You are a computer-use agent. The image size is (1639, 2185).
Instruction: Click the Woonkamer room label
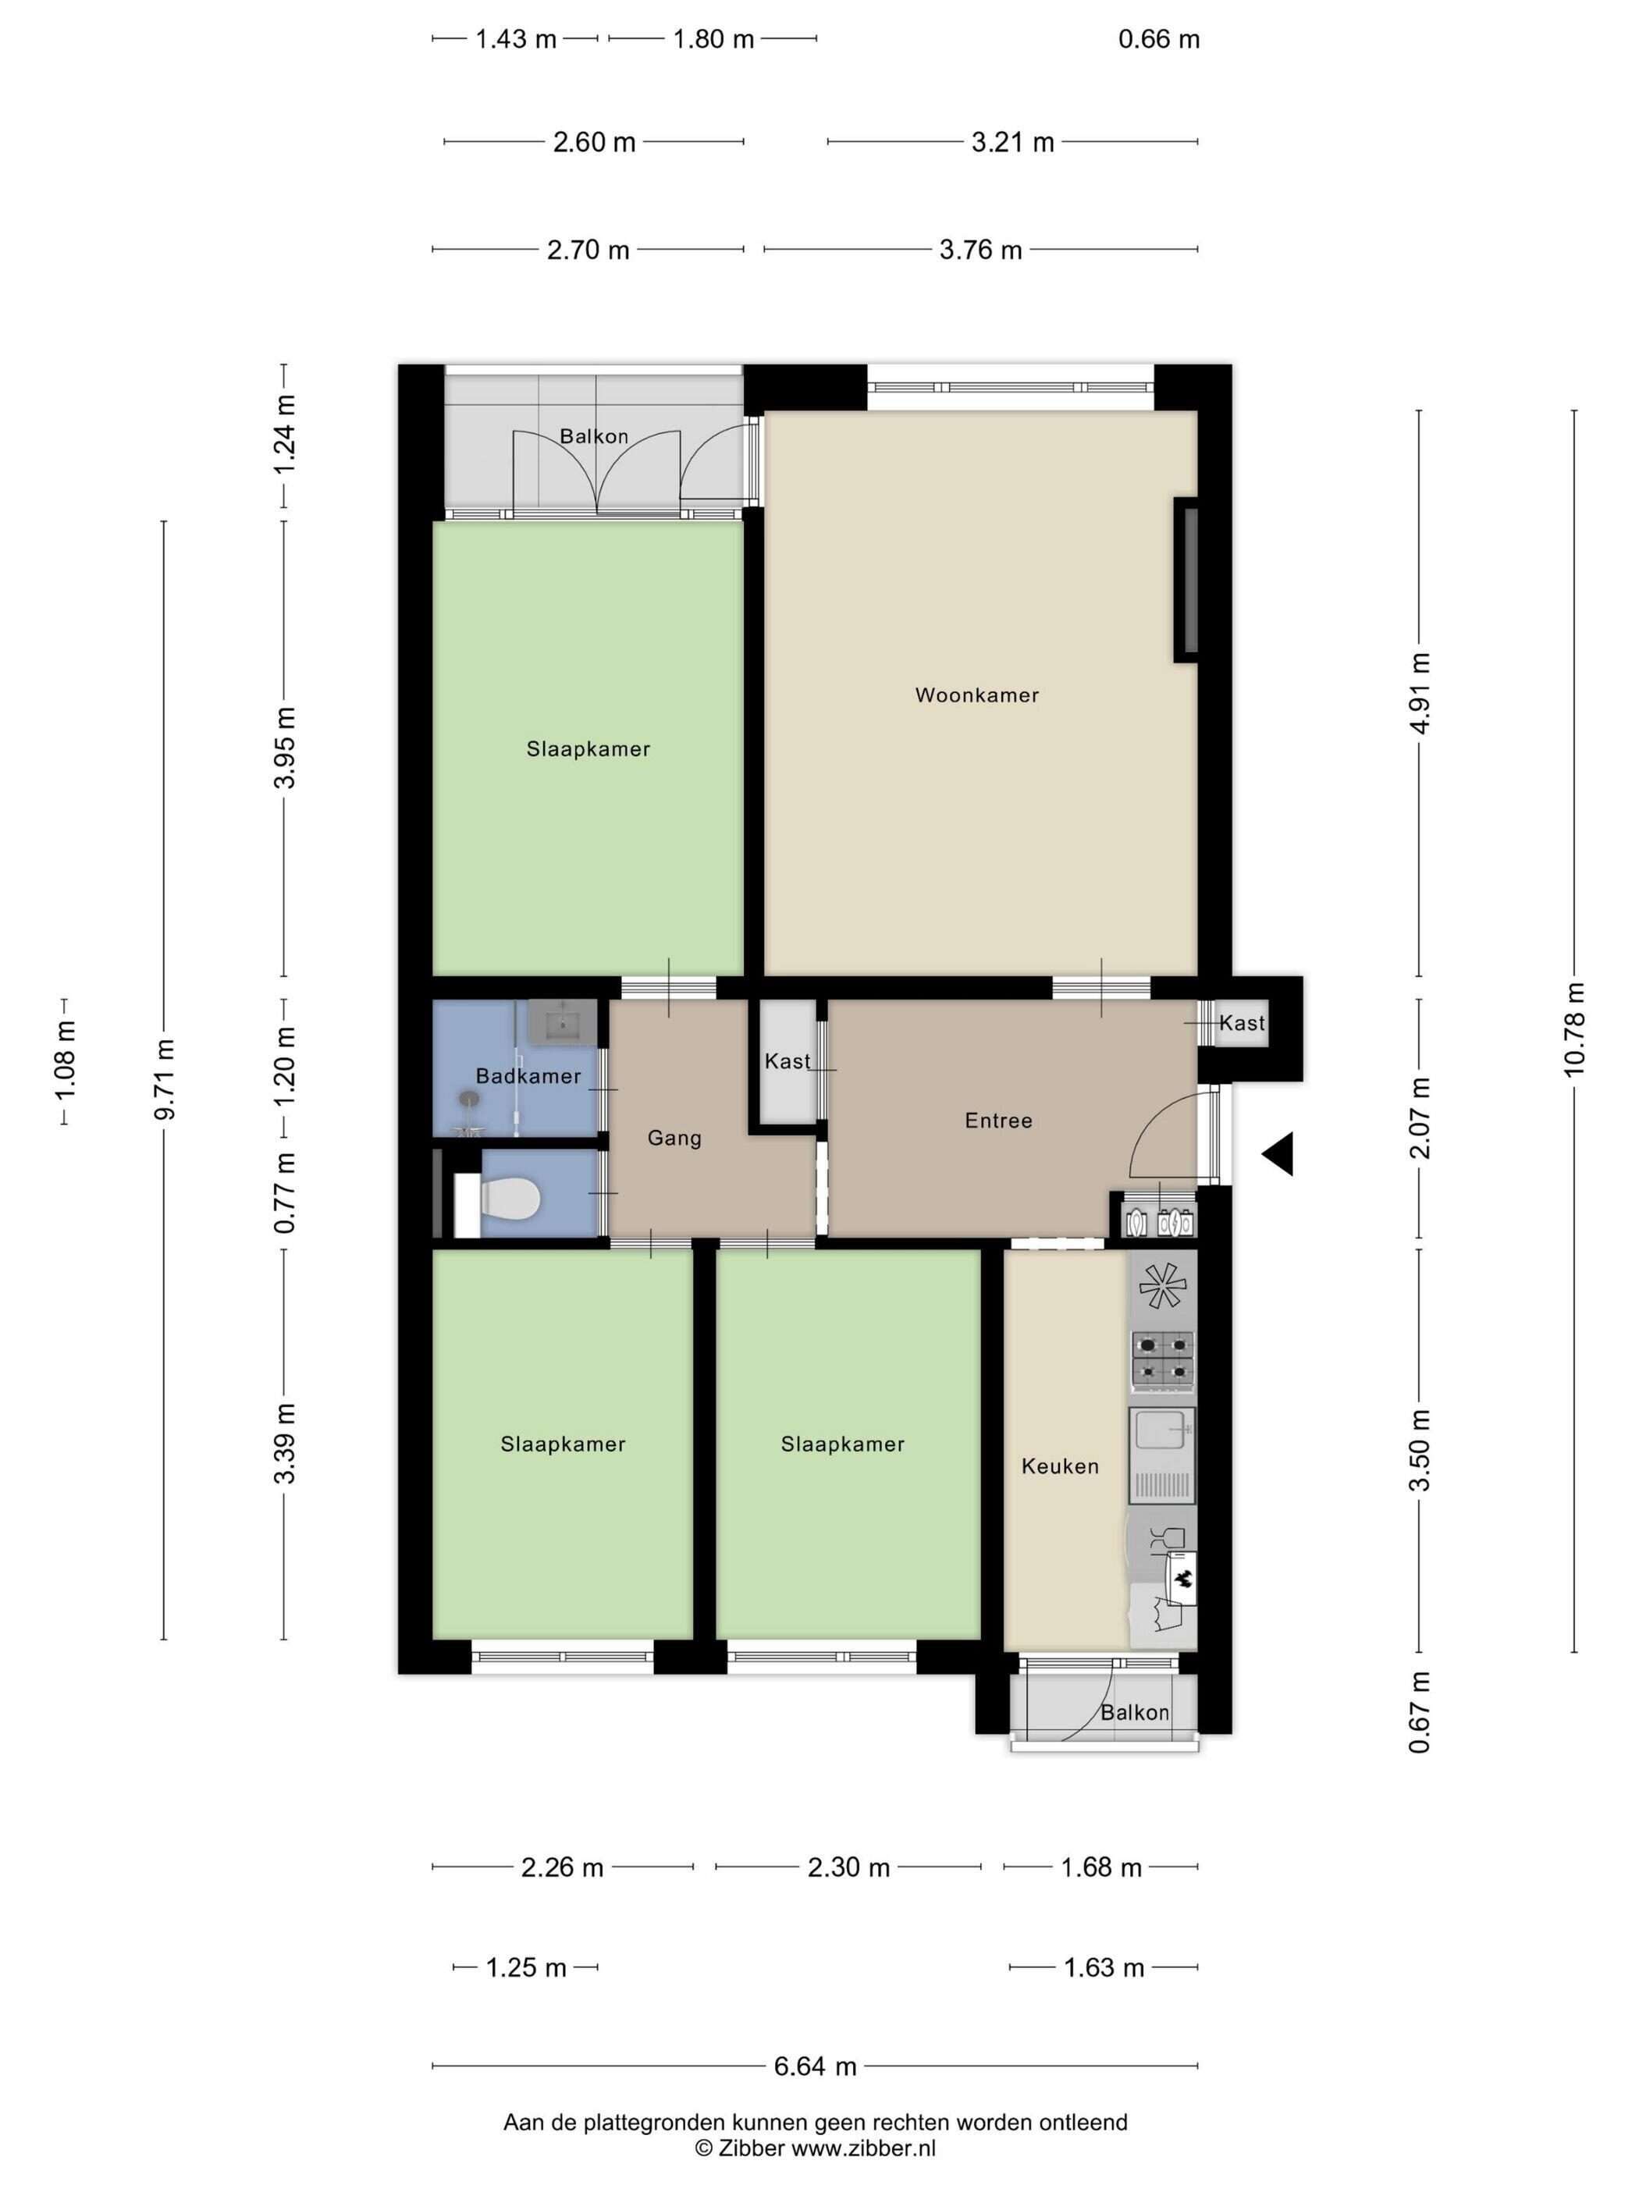coord(976,695)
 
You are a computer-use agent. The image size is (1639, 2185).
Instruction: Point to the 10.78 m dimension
coord(1573,1029)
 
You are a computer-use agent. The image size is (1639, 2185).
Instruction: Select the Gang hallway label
coord(675,1138)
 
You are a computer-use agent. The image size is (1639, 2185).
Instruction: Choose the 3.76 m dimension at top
coord(980,250)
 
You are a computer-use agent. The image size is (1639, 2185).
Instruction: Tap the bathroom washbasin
coord(561,1021)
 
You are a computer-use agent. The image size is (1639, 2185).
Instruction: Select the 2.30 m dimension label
coord(848,1867)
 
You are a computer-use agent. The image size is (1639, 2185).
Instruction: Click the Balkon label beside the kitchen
coord(1135,1712)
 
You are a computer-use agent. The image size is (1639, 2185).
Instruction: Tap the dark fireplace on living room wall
coord(1186,580)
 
